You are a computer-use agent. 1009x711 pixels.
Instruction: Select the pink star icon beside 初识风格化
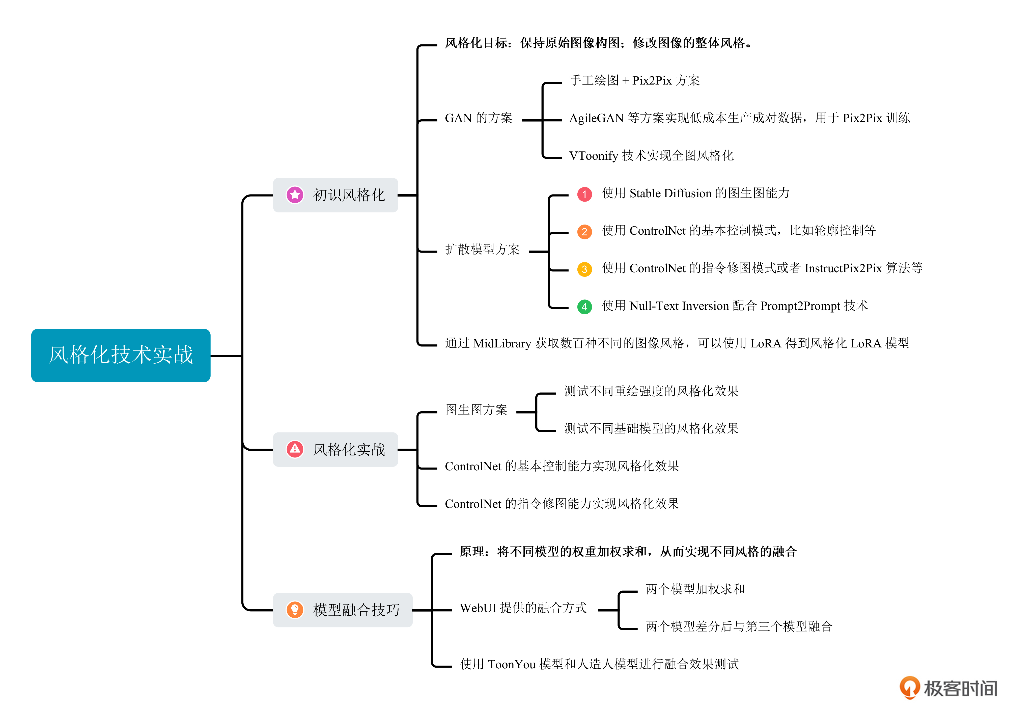295,195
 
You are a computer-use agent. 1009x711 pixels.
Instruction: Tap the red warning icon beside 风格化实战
295,449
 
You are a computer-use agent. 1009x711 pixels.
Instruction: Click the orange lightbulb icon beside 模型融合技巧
295,610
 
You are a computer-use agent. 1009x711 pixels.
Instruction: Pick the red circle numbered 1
584,194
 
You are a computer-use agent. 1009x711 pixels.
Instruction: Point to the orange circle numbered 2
584,232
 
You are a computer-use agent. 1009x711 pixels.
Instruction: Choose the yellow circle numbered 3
584,269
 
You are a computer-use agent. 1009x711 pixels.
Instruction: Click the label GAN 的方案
478,118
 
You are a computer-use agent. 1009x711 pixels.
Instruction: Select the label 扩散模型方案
482,250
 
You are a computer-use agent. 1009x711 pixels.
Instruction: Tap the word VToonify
593,156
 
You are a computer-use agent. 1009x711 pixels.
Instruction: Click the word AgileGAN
596,118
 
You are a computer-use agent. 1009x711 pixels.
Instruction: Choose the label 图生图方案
476,410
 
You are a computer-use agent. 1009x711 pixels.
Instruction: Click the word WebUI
478,608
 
